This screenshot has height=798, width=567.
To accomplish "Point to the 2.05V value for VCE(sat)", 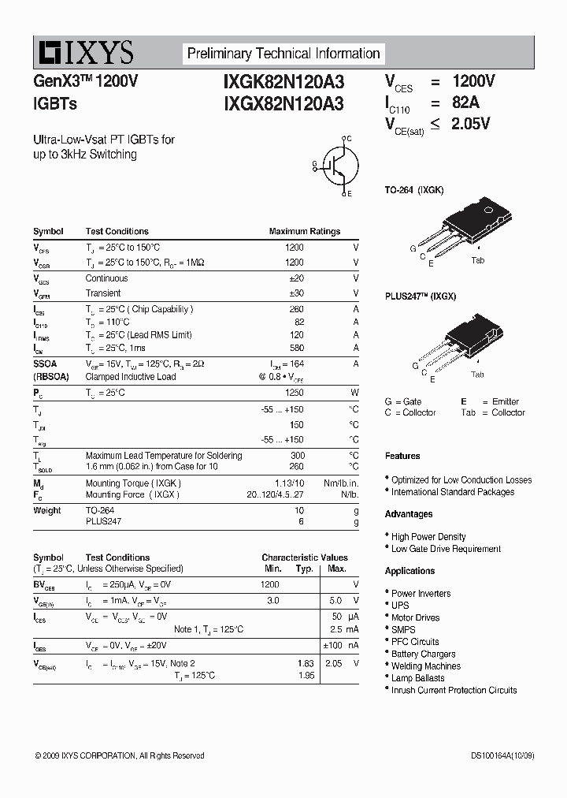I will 471,123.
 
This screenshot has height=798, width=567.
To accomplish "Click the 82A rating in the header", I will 465,102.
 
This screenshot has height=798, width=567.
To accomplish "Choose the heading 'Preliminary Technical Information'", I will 283,54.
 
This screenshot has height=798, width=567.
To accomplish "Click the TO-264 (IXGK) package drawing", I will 471,224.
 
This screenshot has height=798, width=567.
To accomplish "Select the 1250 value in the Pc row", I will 294,392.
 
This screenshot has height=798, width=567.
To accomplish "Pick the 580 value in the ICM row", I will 296,348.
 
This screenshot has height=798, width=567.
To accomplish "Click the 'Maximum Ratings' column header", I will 305,232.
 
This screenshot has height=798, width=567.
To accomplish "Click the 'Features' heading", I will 402,456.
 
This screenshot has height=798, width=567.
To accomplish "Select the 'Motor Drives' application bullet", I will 416,617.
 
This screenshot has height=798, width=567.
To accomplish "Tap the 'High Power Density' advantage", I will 428,536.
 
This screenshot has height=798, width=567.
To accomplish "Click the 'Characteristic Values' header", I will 305,557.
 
